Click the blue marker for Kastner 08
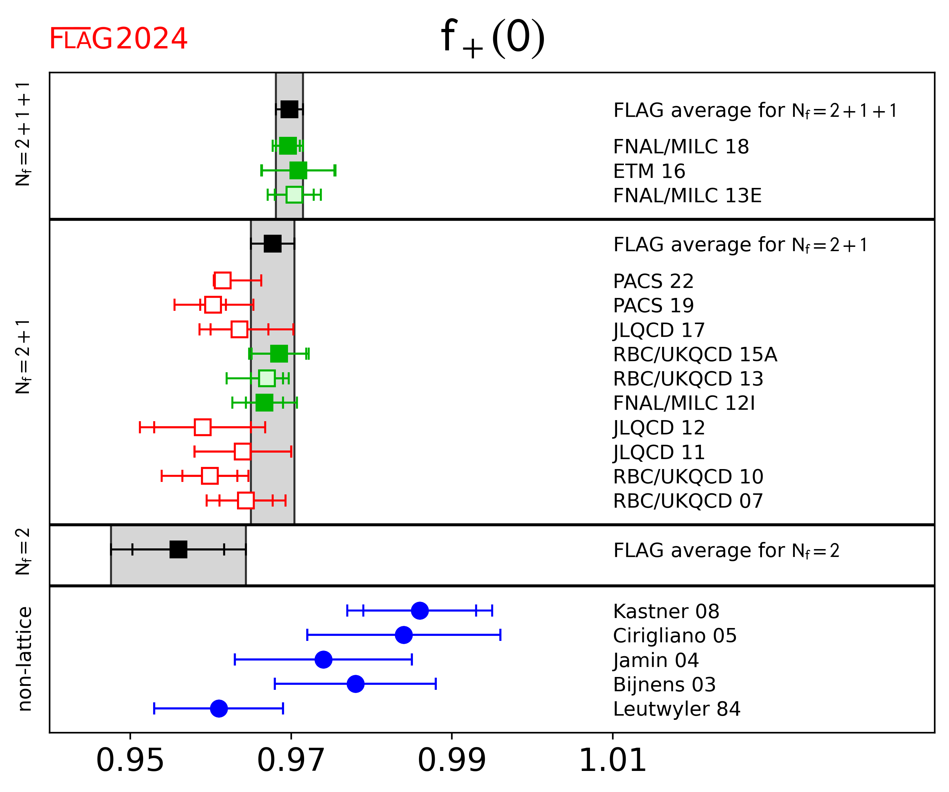(419, 611)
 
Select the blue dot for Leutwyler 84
(219, 708)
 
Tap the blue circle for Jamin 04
(323, 659)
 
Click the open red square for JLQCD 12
(202, 427)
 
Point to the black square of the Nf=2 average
(178, 549)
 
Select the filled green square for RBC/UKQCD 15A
(279, 354)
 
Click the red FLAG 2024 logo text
(118, 39)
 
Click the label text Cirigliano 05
(675, 636)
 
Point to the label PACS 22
(653, 282)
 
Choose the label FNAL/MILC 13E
(687, 195)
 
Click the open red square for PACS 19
(213, 305)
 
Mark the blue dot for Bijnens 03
(355, 684)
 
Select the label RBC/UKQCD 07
(688, 501)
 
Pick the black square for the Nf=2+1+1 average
(289, 109)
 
